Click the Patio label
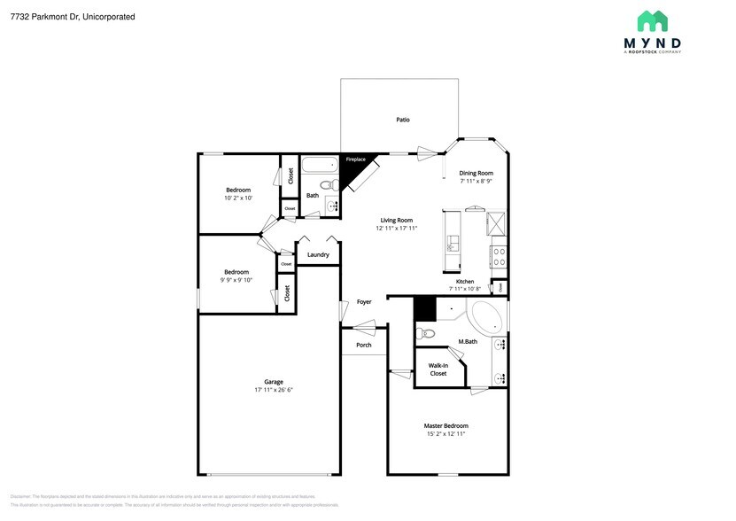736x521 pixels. click(x=402, y=120)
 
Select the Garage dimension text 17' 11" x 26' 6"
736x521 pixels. click(x=274, y=390)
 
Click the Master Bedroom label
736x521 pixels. click(x=445, y=425)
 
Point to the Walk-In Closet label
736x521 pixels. click(x=438, y=369)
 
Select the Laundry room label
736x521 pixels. click(x=318, y=255)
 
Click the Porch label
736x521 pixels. click(x=363, y=345)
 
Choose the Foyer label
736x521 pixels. click(x=364, y=302)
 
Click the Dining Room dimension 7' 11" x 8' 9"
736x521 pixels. click(x=476, y=181)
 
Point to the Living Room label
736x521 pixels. click(x=396, y=220)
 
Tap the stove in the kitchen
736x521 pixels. click(x=498, y=256)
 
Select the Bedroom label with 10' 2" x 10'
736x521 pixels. click(x=237, y=191)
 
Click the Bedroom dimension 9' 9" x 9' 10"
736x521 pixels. click(x=236, y=280)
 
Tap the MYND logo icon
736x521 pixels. click(x=654, y=20)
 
